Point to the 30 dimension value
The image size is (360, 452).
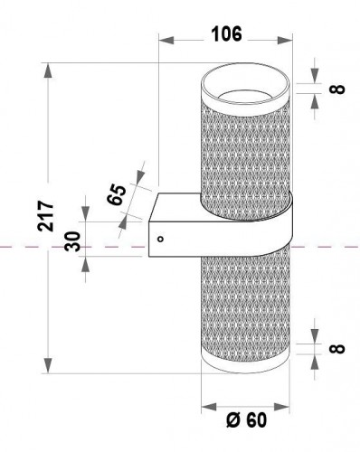tap(73, 241)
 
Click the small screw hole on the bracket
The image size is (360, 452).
tap(159, 240)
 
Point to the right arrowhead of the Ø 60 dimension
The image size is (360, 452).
tap(286, 407)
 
